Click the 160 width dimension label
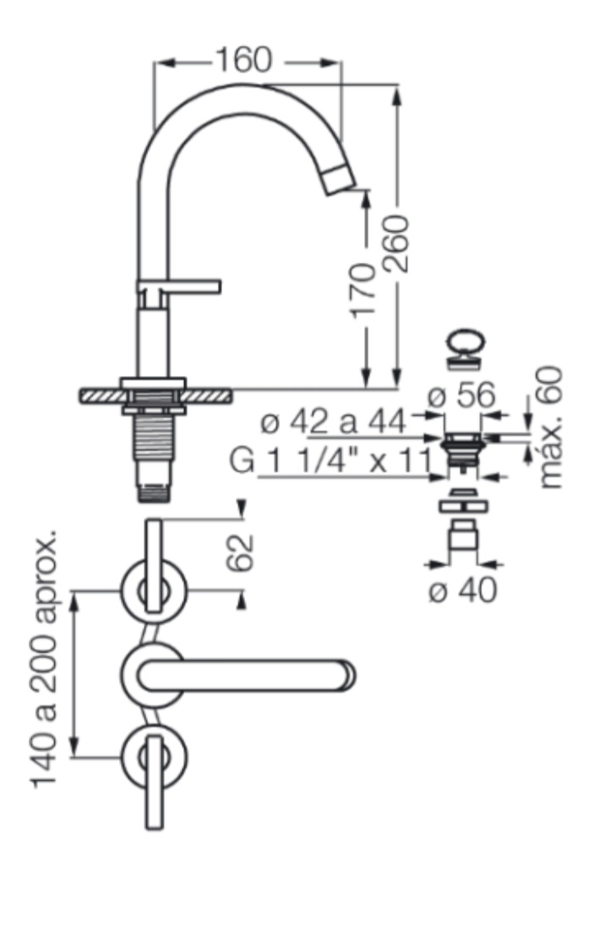[243, 60]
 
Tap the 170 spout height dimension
[362, 289]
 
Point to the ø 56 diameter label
[462, 394]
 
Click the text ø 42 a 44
[334, 422]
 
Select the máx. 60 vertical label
[551, 427]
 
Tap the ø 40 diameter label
[463, 590]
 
